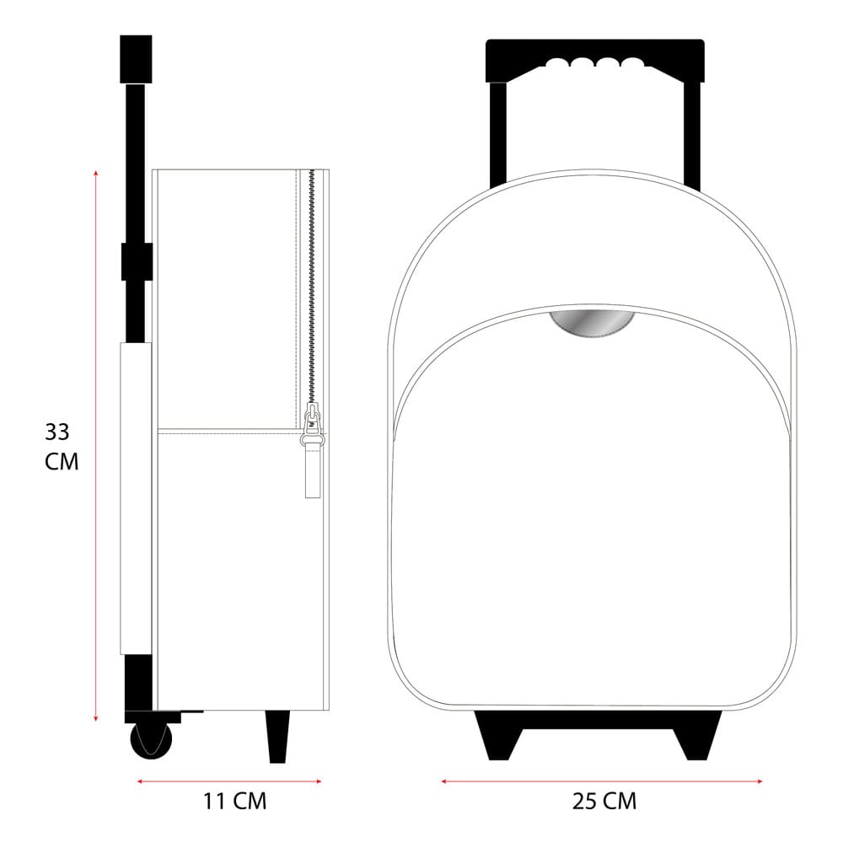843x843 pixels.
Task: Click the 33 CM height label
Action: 61,447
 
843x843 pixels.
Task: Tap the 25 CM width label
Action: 604,801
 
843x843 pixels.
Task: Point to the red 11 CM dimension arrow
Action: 229,781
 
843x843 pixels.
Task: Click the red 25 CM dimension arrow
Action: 602,781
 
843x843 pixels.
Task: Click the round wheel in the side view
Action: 151,740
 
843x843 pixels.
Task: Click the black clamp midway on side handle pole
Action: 136,261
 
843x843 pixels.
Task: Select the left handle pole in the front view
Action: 497,135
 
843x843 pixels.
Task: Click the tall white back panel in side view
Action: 135,497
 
